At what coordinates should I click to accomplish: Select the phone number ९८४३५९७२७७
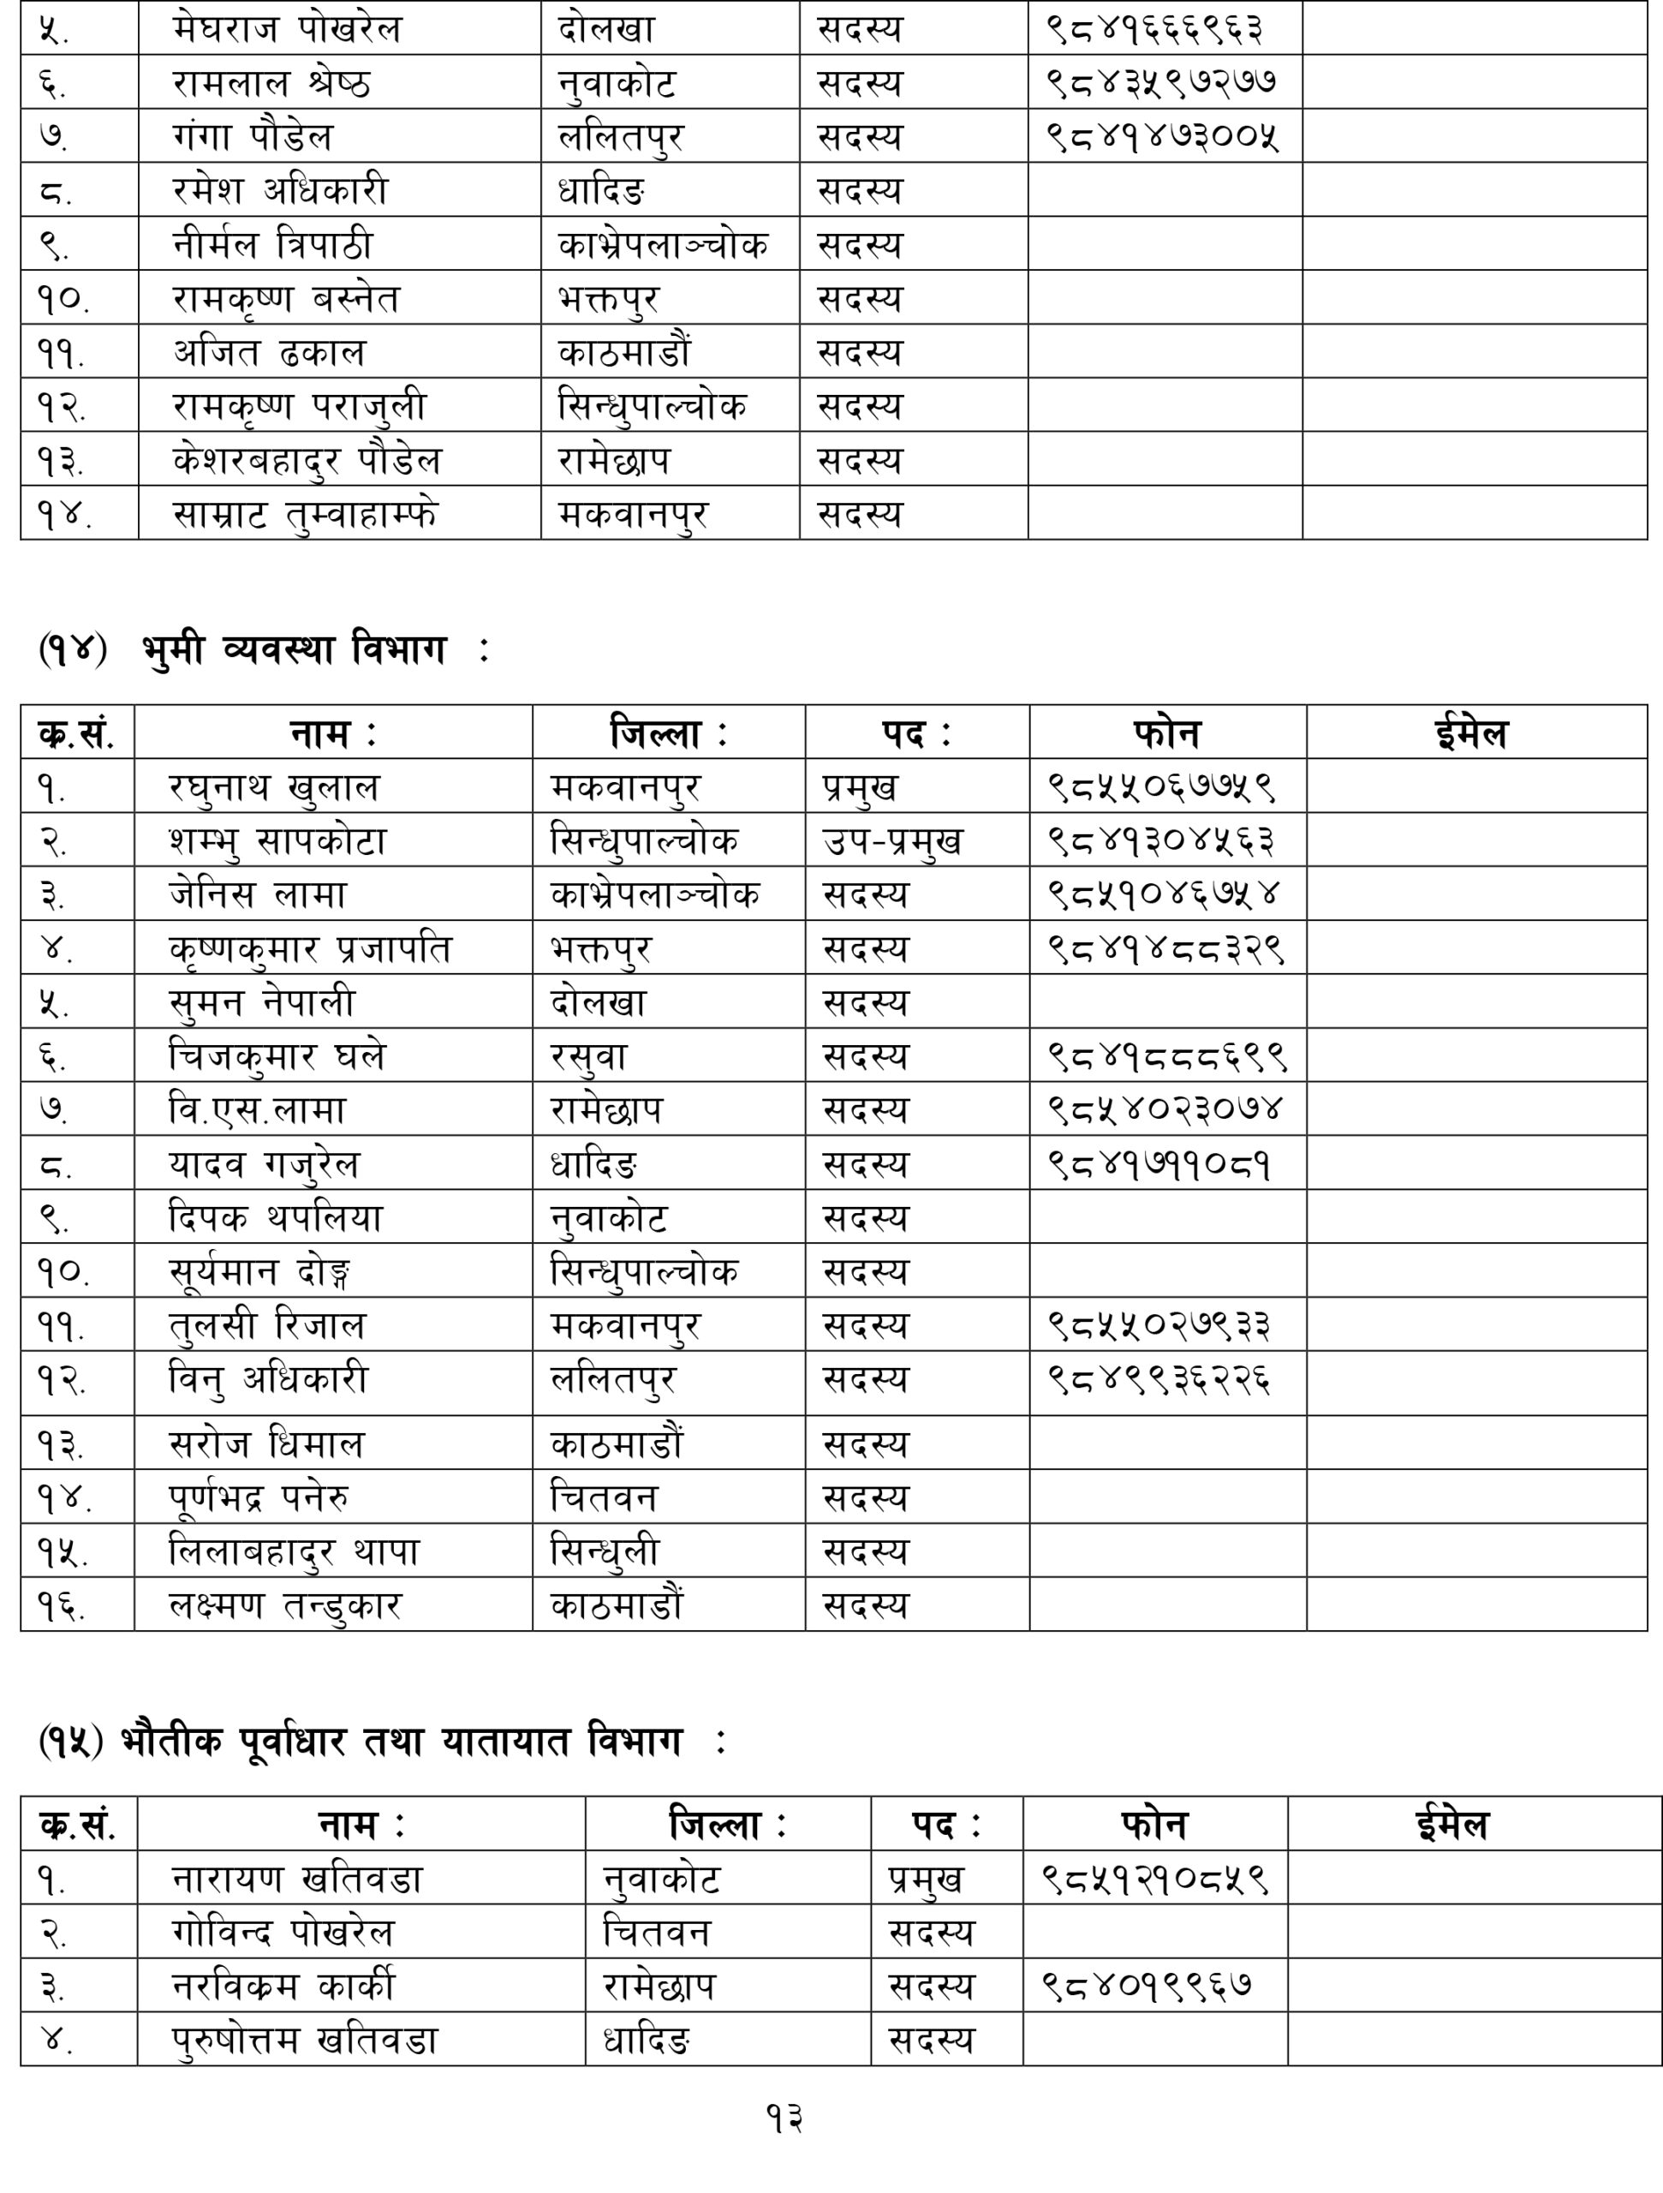[x=1161, y=82]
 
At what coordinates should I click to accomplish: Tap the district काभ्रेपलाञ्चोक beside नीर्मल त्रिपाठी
[x=662, y=245]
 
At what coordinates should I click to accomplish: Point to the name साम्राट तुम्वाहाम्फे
[x=304, y=515]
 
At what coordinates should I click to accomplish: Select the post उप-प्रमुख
[x=892, y=842]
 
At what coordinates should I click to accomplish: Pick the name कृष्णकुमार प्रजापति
[x=309, y=949]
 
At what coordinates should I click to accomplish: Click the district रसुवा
[x=588, y=1057]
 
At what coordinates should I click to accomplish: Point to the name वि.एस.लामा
[x=257, y=1110]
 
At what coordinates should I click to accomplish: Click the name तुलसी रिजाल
[x=267, y=1325]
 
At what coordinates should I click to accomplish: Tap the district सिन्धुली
[x=605, y=1552]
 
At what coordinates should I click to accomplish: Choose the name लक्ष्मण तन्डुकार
[x=285, y=1606]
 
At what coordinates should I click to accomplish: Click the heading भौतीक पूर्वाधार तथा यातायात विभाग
[x=402, y=1742]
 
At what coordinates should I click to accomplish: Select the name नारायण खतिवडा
[x=297, y=1879]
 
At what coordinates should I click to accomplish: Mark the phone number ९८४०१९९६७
[x=1147, y=1986]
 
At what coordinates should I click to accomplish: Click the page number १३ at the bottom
[x=783, y=2118]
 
